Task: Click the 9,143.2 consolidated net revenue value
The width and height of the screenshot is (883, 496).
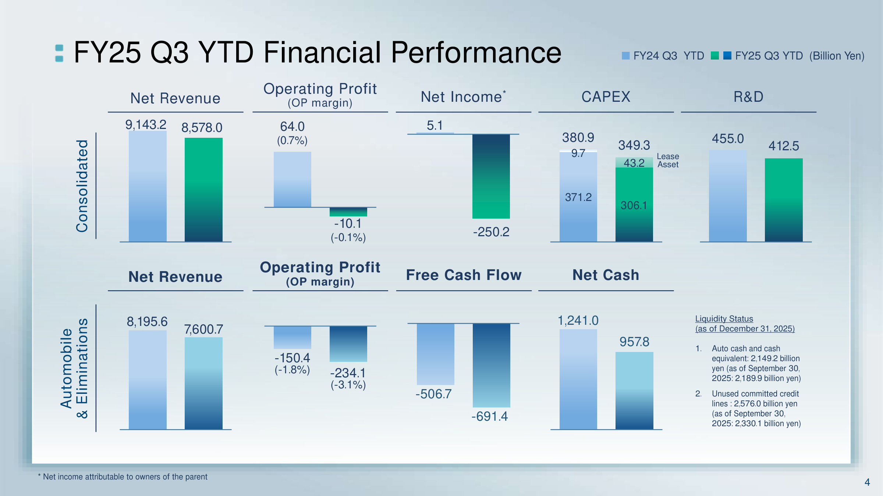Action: tap(146, 125)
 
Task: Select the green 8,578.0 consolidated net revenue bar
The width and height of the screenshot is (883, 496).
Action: tap(203, 189)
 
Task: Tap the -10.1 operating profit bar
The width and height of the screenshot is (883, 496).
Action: tap(348, 212)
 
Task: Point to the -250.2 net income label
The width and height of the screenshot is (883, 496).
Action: tap(491, 232)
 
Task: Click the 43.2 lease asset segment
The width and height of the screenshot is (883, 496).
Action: tap(634, 163)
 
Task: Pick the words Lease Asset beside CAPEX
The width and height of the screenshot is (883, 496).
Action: tap(668, 161)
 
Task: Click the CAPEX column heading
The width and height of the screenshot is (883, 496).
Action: tap(606, 97)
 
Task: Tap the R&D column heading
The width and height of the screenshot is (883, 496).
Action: tap(748, 97)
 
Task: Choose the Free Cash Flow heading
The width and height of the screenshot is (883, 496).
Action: tap(464, 275)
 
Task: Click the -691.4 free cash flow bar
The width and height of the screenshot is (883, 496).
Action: tap(491, 365)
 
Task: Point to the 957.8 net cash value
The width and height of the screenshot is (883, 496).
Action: tap(634, 342)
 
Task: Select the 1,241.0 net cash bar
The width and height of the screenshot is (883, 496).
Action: tap(578, 379)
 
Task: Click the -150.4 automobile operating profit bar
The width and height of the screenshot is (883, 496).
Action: tap(292, 337)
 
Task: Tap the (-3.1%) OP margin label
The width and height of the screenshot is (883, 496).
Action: tap(348, 385)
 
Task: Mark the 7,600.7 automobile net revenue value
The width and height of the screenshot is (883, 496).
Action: tap(203, 330)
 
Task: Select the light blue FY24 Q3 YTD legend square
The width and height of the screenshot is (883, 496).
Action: tap(625, 56)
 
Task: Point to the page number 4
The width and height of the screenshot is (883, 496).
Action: tap(867, 482)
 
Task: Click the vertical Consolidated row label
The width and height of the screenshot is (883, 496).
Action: tap(82, 186)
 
